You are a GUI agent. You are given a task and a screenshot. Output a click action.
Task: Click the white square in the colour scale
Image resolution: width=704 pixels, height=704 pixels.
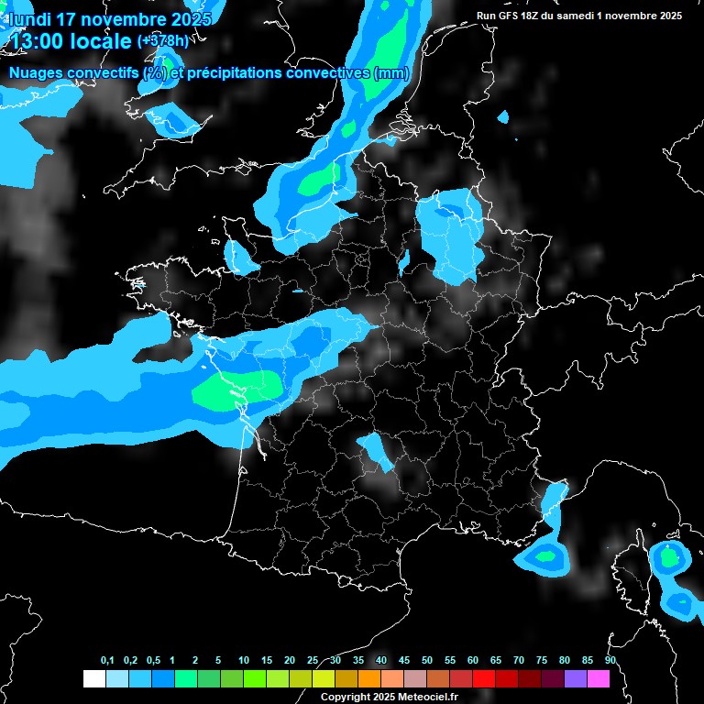[93, 678]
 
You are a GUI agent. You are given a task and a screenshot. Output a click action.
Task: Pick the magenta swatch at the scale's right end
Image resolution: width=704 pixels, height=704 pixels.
[599, 678]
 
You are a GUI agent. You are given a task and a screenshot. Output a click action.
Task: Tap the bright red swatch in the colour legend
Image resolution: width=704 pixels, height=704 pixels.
[484, 678]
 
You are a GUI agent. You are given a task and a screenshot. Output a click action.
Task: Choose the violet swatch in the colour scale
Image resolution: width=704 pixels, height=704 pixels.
[576, 678]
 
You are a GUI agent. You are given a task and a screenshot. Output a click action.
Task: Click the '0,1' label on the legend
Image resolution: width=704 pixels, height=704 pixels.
[107, 661]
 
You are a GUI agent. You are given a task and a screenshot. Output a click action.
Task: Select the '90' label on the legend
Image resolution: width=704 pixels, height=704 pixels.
[610, 661]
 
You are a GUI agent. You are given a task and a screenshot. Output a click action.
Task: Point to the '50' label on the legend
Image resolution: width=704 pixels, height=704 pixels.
[427, 661]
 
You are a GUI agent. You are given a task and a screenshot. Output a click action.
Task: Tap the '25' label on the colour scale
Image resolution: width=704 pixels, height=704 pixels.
[313, 661]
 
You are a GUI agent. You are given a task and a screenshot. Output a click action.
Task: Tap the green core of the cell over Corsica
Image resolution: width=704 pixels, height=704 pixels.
[670, 555]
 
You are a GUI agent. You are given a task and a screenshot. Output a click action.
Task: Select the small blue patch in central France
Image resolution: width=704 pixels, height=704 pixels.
[375, 450]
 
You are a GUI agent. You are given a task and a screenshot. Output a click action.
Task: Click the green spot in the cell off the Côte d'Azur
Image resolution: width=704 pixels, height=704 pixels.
[545, 555]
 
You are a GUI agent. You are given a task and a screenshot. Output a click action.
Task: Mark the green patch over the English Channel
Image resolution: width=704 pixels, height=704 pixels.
[321, 181]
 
